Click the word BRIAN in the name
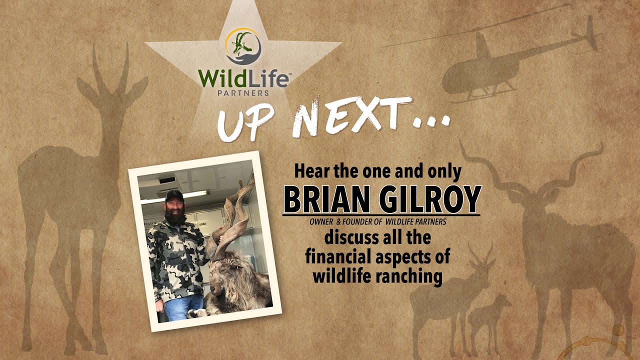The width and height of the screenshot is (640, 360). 327,199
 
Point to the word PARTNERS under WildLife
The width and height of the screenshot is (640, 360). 243,92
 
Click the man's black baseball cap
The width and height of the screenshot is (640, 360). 174,194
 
